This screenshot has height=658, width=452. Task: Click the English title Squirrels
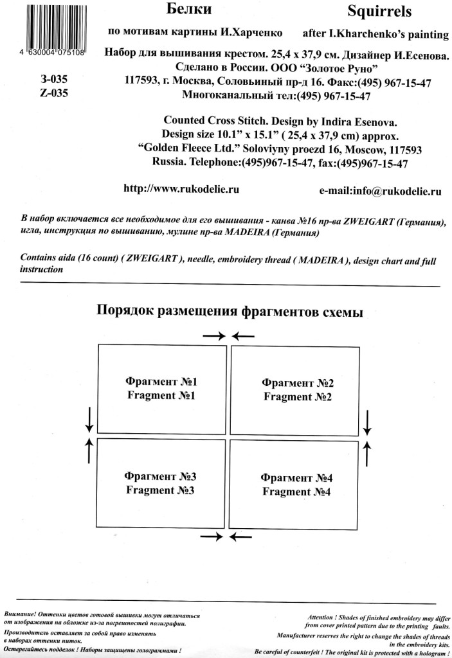click(379, 12)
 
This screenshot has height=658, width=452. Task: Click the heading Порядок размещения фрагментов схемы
click(230, 312)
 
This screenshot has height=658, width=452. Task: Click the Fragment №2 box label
click(297, 390)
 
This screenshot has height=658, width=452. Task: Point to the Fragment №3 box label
click(161, 483)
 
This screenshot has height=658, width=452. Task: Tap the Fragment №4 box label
click(296, 485)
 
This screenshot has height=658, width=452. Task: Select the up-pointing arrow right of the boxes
click(367, 452)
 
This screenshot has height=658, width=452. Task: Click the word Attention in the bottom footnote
click(328, 616)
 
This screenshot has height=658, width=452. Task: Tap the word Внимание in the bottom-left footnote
click(19, 615)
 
